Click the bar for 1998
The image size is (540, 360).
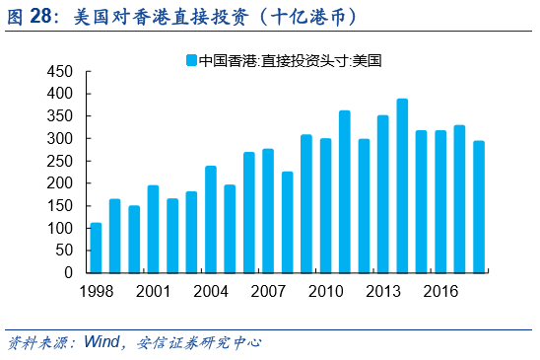pyautogui.click(x=96, y=248)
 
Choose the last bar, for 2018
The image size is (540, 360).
pyautogui.click(x=479, y=206)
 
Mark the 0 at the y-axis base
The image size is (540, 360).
pyautogui.click(x=69, y=273)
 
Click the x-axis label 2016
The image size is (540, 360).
pyautogui.click(x=440, y=291)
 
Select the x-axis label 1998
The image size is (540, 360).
pyautogui.click(x=96, y=291)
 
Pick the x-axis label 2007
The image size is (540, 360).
pyautogui.click(x=268, y=291)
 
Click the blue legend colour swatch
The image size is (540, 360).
pyautogui.click(x=191, y=60)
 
